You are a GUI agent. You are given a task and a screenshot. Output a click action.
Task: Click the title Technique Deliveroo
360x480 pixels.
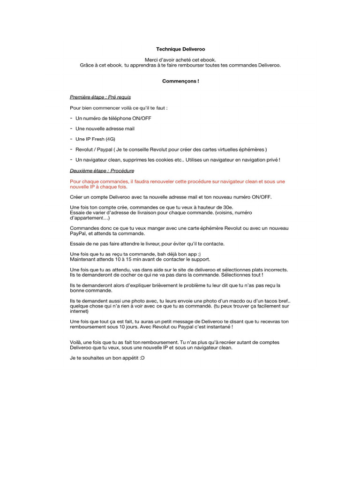coord(180,49)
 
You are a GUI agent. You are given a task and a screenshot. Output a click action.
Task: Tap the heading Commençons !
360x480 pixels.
coord(180,81)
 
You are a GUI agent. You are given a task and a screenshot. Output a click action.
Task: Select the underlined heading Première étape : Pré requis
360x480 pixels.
coord(100,97)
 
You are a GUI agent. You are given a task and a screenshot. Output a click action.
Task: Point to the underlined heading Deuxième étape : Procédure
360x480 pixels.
coord(102,171)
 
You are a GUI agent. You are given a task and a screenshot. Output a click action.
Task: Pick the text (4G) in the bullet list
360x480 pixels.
coord(110,139)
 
